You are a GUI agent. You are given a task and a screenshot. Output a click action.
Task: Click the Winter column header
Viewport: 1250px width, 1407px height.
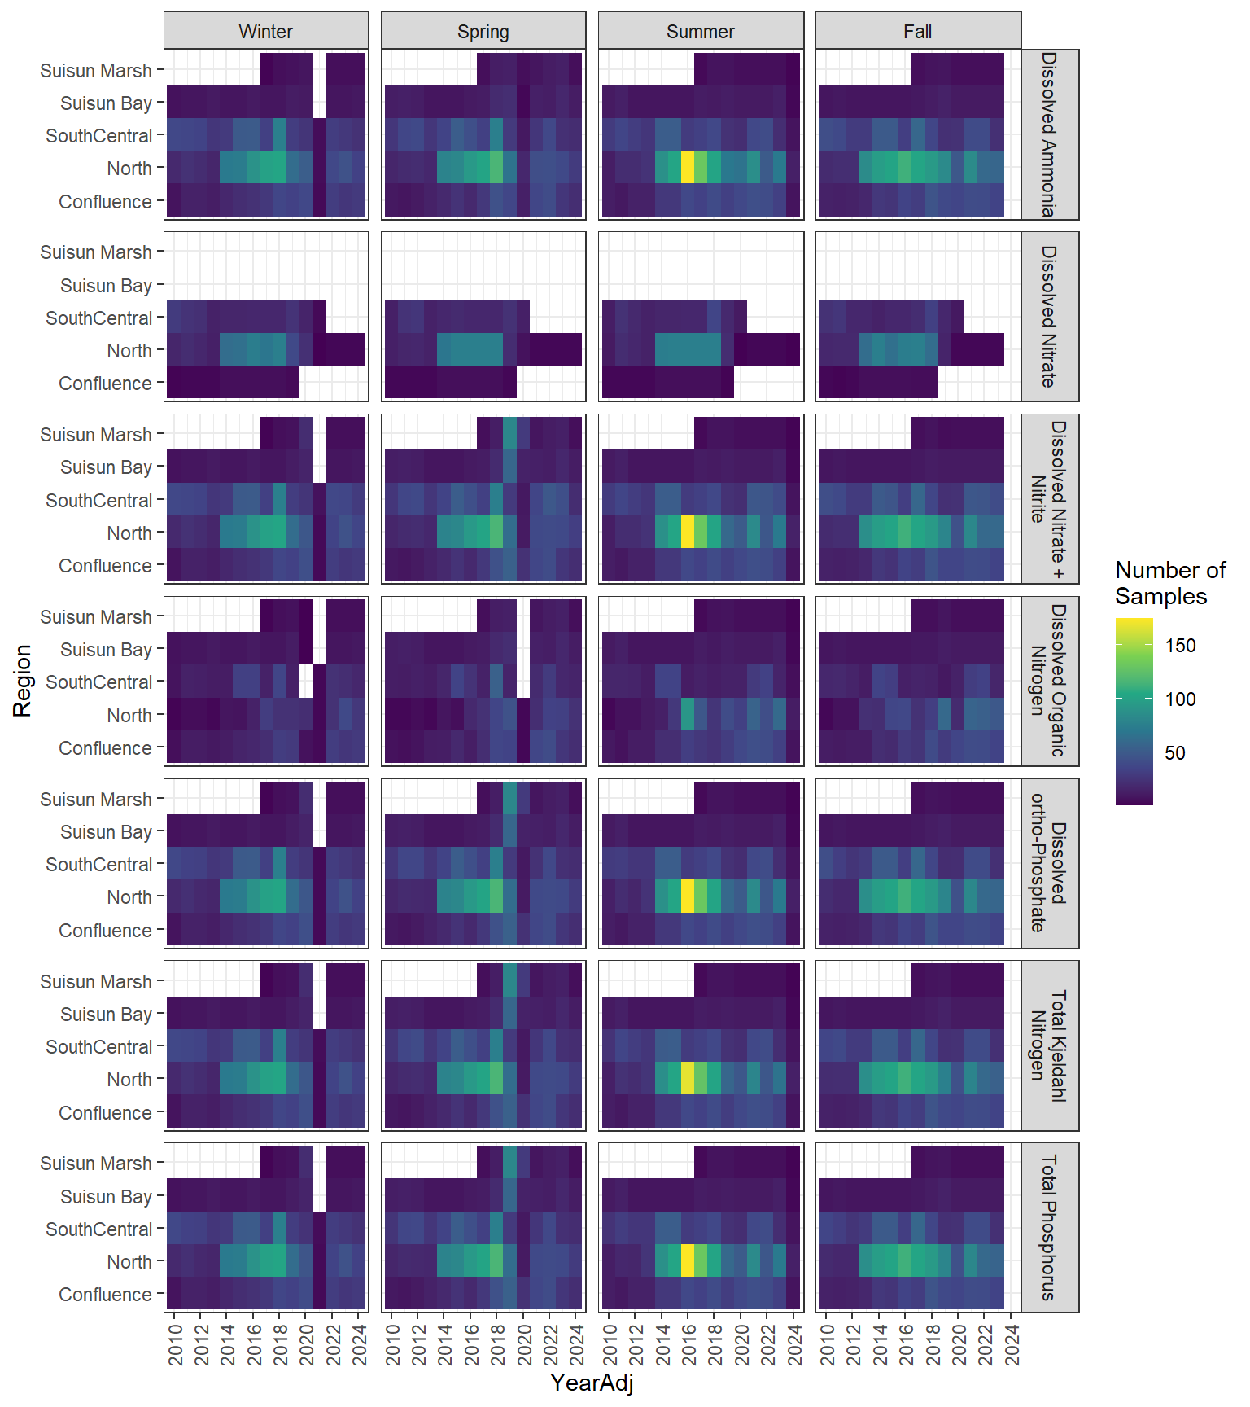pos(265,32)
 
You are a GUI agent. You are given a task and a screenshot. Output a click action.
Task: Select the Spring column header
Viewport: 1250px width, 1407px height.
pos(483,32)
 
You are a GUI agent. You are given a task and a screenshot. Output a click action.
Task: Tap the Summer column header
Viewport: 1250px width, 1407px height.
pos(700,32)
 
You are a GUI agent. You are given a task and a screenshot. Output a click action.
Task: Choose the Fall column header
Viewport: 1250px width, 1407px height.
pos(917,32)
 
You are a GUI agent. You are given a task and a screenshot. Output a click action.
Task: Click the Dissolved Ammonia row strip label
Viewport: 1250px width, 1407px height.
pos(1049,134)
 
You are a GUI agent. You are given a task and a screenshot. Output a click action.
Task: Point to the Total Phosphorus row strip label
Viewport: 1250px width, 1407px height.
pos(1049,1228)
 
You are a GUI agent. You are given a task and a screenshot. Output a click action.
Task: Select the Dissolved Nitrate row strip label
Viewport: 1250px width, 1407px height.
pos(1049,317)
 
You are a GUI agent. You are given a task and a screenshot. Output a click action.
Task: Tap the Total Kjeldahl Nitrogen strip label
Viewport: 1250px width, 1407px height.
pos(1049,1045)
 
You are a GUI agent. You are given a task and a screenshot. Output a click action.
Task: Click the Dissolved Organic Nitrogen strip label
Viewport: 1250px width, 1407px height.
pos(1049,681)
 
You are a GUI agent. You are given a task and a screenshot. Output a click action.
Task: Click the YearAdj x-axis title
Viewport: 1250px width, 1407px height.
pos(592,1383)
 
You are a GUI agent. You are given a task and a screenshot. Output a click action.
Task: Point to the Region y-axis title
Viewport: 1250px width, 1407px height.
pos(22,681)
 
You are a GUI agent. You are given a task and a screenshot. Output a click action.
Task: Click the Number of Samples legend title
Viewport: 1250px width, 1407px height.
pos(1169,583)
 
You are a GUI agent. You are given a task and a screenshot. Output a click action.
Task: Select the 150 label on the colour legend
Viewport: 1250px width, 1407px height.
pos(1180,646)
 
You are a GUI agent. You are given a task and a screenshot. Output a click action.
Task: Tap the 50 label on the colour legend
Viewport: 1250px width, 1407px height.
pos(1175,752)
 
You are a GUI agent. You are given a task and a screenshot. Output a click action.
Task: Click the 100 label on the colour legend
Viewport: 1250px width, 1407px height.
pos(1180,699)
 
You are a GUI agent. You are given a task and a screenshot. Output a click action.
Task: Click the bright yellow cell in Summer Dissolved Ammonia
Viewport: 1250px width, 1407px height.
pos(688,168)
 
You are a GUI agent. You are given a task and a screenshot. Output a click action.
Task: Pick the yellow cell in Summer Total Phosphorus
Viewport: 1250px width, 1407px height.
pos(688,1260)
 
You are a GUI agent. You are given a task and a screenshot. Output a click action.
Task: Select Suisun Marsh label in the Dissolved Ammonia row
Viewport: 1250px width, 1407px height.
pos(96,71)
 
